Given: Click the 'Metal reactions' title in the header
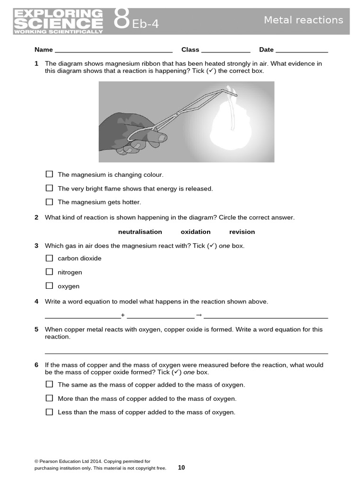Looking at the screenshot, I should tap(303, 20).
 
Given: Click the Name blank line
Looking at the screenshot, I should tap(113, 50).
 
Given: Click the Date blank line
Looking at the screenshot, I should tap(301, 50).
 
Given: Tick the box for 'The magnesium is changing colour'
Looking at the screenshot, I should tap(49, 174).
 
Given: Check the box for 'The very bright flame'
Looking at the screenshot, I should tap(49, 188).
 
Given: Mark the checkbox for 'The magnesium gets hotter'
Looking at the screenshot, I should tap(49, 202).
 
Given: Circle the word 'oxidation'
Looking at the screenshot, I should tap(195, 232).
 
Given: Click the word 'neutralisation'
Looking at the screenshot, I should tap(140, 232).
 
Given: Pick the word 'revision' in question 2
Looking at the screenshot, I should tap(242, 232).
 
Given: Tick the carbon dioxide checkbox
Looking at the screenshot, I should tap(49, 258).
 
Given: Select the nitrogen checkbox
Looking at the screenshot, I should tap(49, 272).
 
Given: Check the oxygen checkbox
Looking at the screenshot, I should tap(49, 285).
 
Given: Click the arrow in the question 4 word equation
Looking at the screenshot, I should tap(199, 315).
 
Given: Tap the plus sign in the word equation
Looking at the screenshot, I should tap(123, 315).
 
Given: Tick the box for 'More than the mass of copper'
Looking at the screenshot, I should tap(49, 398).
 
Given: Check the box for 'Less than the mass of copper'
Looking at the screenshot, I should tap(49, 412).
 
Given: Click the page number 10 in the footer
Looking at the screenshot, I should tap(181, 468).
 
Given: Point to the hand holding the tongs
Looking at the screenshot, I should tap(132, 132).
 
